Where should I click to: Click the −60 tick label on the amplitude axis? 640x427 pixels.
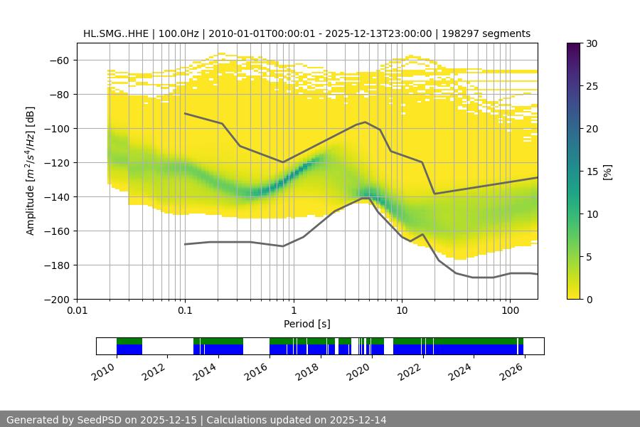pyautogui.click(x=58, y=60)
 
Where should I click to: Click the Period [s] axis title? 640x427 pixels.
pyautogui.click(x=306, y=324)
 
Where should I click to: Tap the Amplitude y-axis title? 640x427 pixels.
pyautogui.click(x=30, y=171)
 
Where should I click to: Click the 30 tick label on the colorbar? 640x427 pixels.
pyautogui.click(x=591, y=44)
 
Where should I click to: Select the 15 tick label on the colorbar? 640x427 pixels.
pyautogui.click(x=591, y=172)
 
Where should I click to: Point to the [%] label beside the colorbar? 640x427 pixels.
pyautogui.click(x=607, y=172)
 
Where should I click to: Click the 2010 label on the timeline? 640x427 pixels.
pyautogui.click(x=105, y=371)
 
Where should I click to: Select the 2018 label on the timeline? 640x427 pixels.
pyautogui.click(x=308, y=371)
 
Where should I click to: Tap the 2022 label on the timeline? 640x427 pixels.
pyautogui.click(x=410, y=371)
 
